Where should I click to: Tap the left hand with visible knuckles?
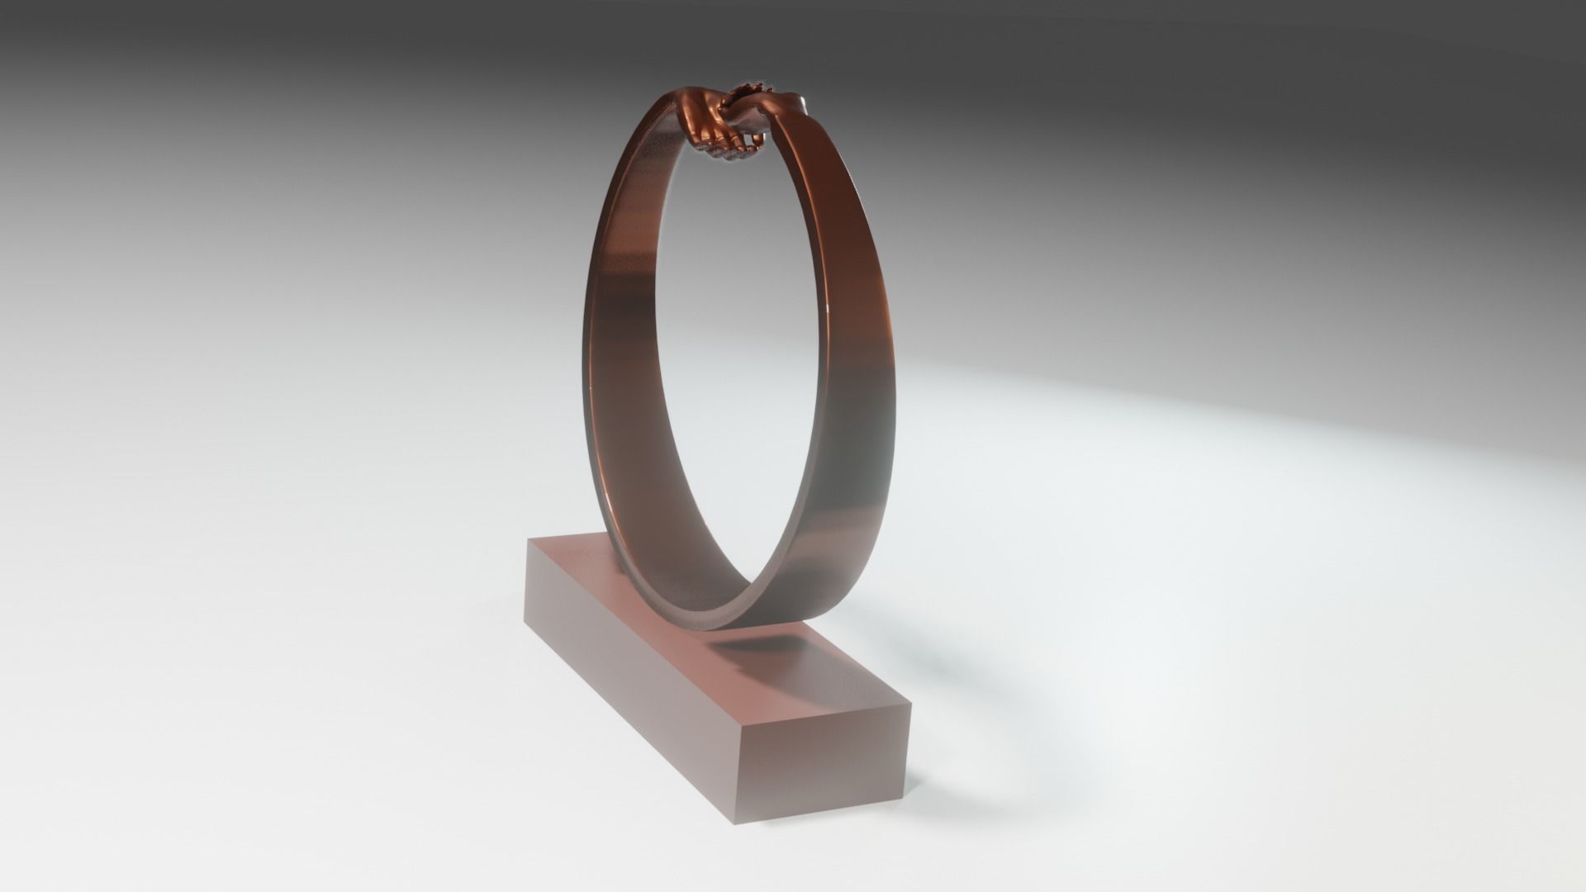(702, 124)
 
